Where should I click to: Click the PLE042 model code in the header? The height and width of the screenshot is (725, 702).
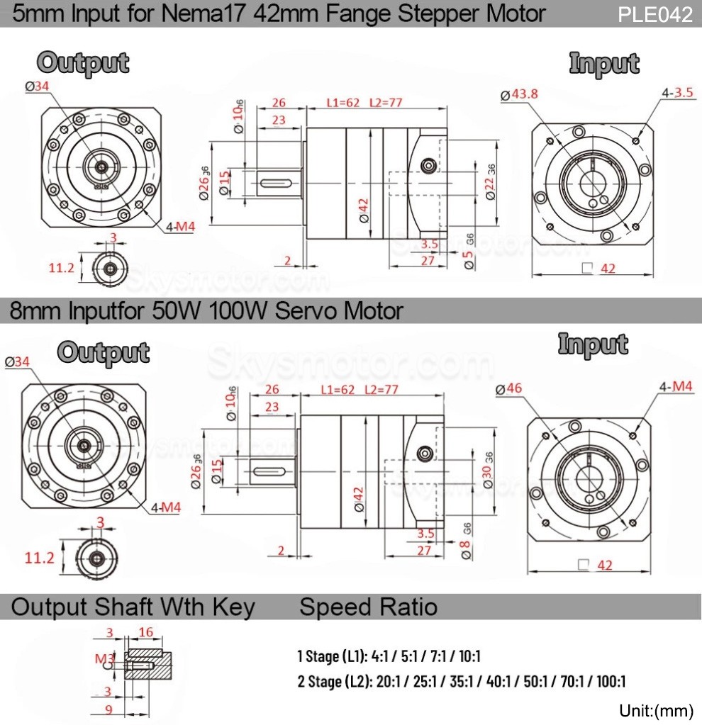(654, 15)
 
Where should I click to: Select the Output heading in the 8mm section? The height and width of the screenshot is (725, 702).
(104, 352)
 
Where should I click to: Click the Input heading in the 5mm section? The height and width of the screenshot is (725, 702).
(604, 63)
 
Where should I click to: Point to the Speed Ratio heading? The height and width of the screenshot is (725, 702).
(368, 607)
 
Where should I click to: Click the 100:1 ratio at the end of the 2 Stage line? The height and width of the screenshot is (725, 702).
(610, 682)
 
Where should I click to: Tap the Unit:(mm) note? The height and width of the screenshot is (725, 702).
(655, 710)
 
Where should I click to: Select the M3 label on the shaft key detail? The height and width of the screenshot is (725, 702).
(104, 658)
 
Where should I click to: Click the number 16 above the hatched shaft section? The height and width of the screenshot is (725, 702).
(146, 632)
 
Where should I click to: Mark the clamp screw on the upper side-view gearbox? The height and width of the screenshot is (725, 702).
(428, 165)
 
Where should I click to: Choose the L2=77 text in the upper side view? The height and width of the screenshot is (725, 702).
(386, 103)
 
